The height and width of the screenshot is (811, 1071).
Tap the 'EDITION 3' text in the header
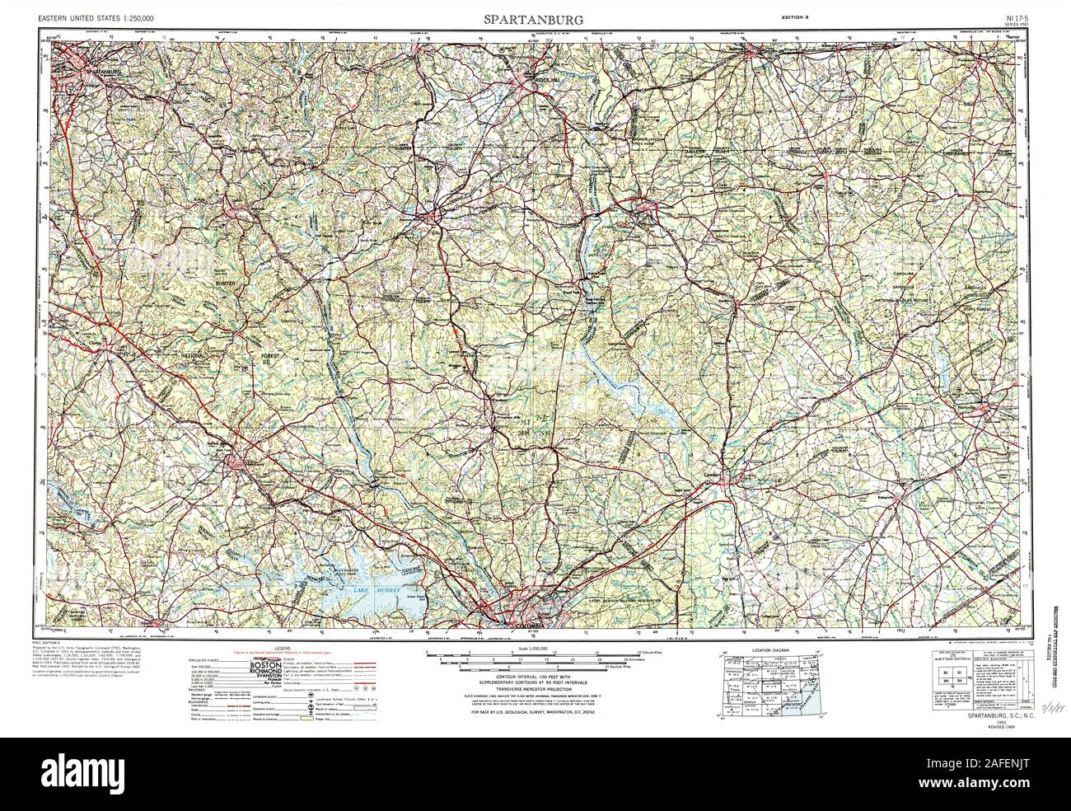(799, 17)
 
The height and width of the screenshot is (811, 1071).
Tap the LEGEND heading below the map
(285, 650)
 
